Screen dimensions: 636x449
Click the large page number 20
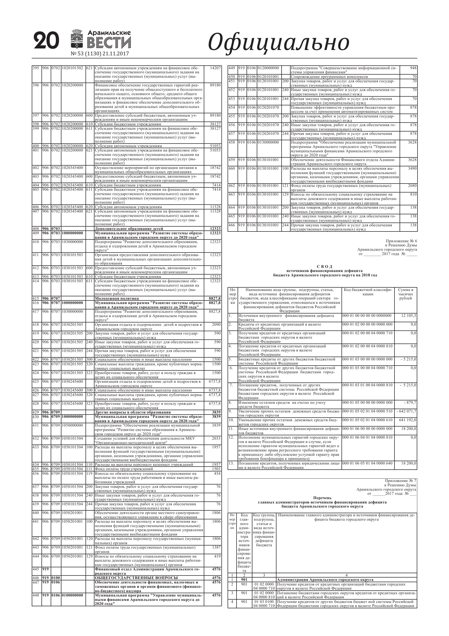47,41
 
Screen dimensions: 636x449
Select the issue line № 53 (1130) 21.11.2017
100,54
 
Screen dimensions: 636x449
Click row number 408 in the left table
36,228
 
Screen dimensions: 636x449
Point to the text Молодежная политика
117,298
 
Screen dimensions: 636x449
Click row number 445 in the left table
36,569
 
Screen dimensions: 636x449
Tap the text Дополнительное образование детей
129,228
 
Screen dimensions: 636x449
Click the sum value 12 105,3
408,316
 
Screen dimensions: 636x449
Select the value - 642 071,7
406,411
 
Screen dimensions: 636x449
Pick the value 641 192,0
408,420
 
